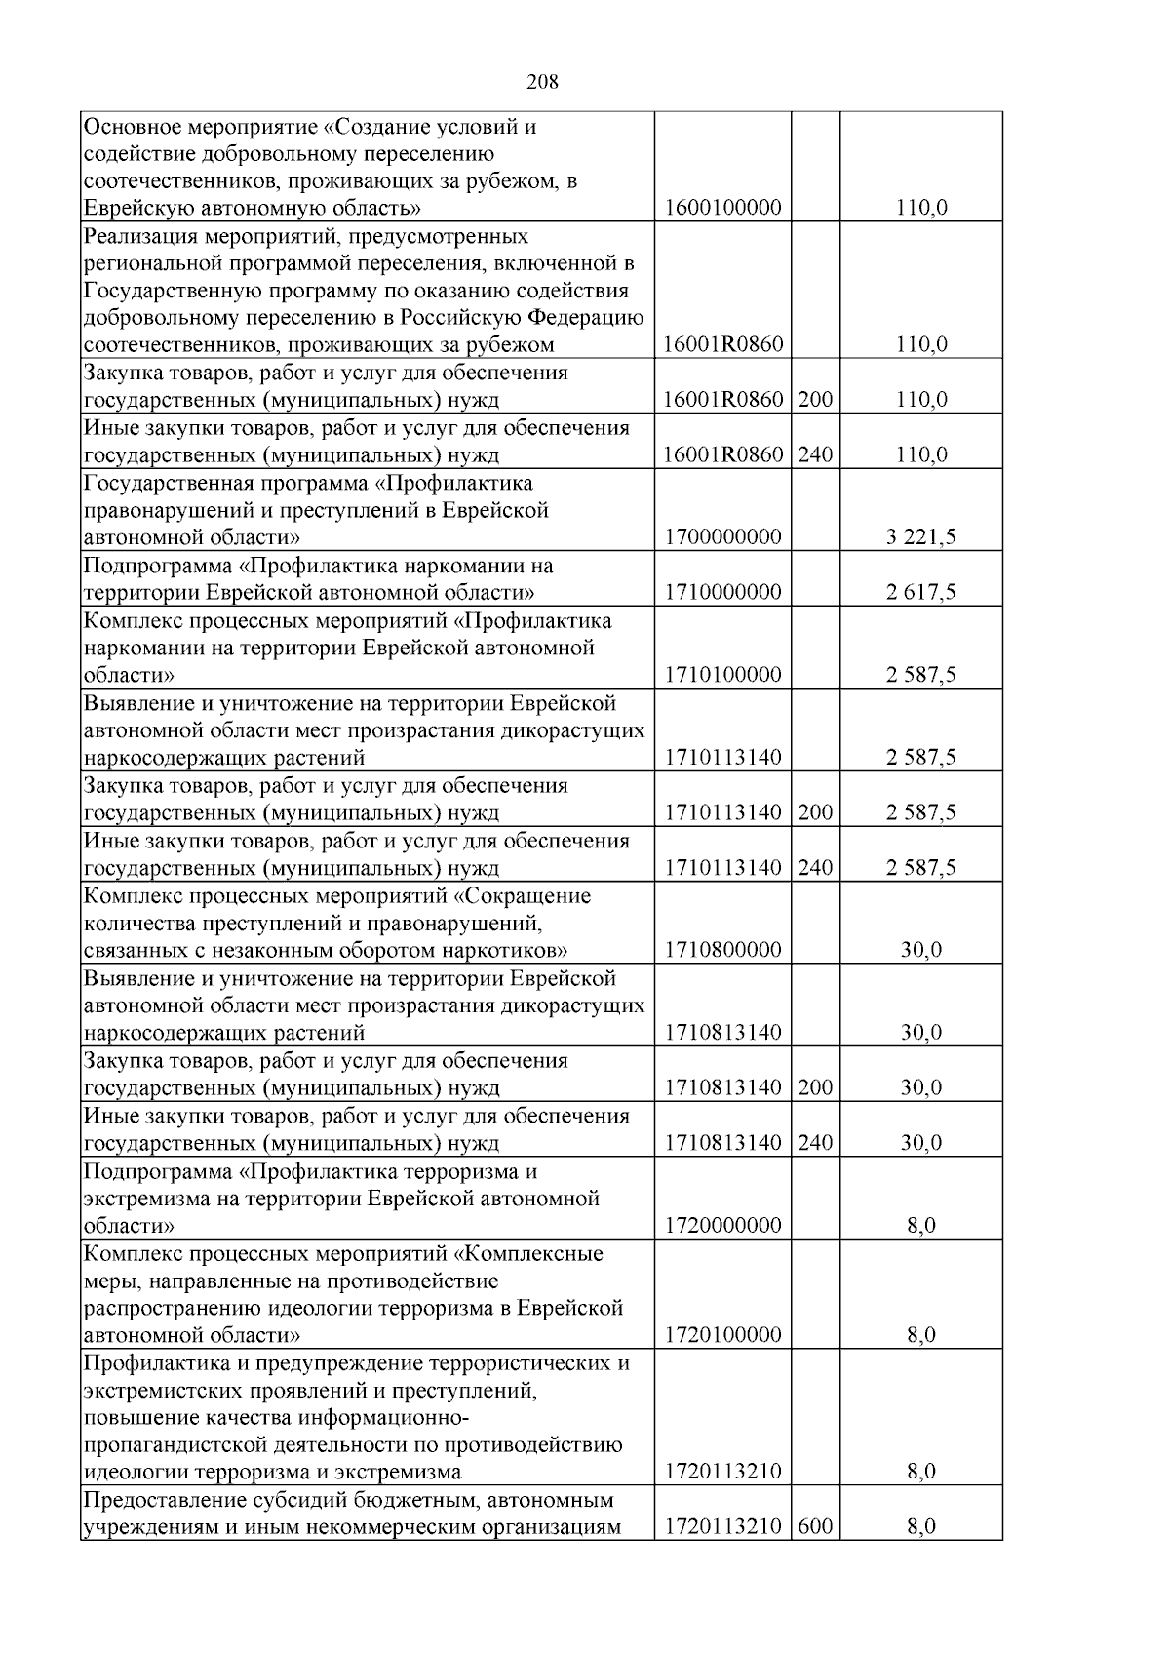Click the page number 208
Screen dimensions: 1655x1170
(x=542, y=83)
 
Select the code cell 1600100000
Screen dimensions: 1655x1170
(x=722, y=208)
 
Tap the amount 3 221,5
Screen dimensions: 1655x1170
(x=920, y=537)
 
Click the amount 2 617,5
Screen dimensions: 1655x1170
(x=920, y=592)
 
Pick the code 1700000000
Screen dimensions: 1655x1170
(x=722, y=537)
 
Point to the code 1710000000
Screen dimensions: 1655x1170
(x=722, y=592)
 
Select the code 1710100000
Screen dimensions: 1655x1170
(x=722, y=675)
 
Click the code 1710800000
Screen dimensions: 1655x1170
(x=722, y=950)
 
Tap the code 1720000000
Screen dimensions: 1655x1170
(x=722, y=1225)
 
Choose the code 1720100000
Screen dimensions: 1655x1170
(x=722, y=1335)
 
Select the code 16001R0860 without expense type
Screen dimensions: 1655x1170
(x=722, y=344)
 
